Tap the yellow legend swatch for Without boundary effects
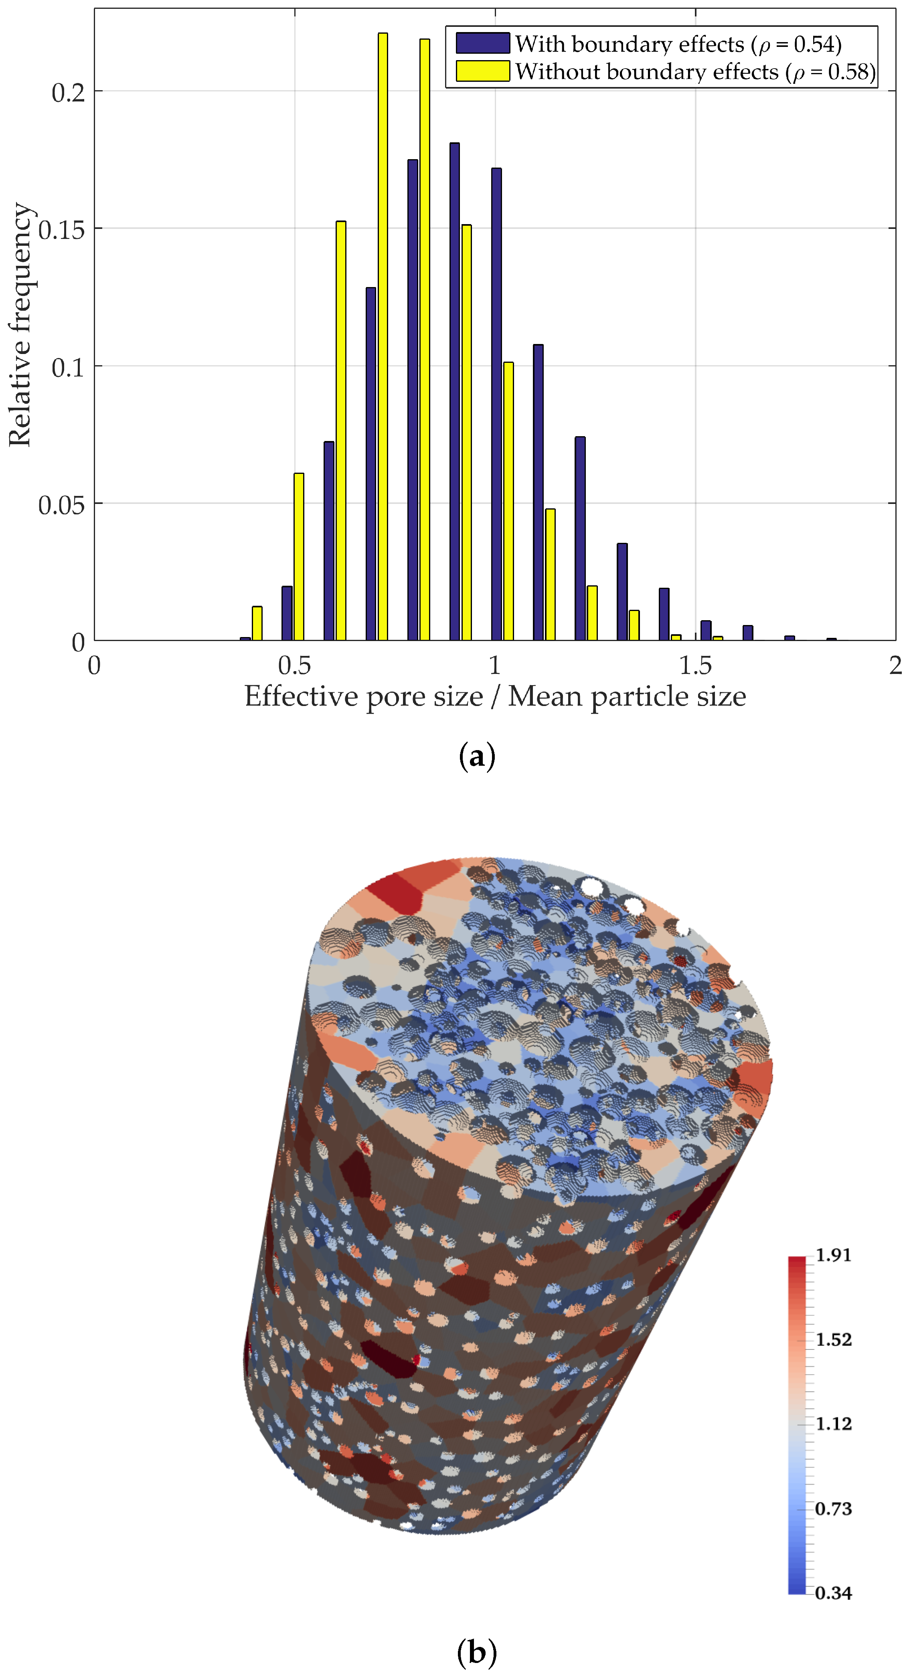click(x=482, y=71)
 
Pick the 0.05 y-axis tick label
click(x=62, y=505)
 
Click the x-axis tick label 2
click(x=896, y=666)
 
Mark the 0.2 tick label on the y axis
click(x=68, y=92)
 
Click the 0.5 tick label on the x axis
click(x=295, y=666)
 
